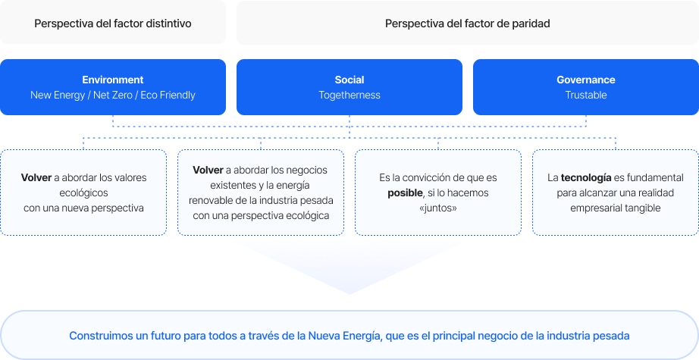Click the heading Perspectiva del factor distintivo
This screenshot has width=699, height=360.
point(113,23)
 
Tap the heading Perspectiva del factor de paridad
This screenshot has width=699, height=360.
point(467,23)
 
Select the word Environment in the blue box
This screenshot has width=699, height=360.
point(113,80)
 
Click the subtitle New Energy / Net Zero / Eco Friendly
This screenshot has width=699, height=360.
point(113,95)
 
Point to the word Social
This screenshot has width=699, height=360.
point(349,80)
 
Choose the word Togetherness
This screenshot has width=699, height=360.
point(349,95)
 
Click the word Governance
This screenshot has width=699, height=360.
point(586,80)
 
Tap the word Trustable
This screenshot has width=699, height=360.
point(586,95)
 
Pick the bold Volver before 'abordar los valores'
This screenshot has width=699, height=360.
point(36,177)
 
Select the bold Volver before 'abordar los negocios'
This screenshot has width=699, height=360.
point(208,170)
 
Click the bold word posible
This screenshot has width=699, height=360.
point(405,193)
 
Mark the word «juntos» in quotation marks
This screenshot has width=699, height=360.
point(438,208)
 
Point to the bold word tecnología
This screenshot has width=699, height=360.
point(586,178)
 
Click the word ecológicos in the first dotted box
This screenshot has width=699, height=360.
point(84,193)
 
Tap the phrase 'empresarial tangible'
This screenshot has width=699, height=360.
point(615,208)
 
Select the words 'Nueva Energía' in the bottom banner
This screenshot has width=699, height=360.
point(343,336)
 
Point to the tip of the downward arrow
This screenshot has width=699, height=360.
point(349,294)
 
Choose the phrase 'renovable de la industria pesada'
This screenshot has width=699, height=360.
point(261,201)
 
